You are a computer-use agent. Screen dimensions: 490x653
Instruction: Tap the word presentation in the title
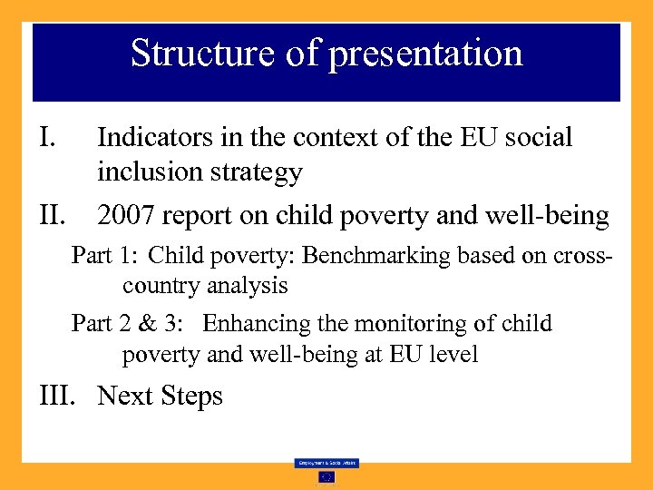pos(425,54)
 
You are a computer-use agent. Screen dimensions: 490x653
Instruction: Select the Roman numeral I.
pos(50,138)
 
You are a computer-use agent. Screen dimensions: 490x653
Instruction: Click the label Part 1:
pos(104,256)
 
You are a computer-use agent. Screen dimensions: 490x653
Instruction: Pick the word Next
pos(126,397)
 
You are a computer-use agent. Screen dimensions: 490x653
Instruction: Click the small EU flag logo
pos(326,476)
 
